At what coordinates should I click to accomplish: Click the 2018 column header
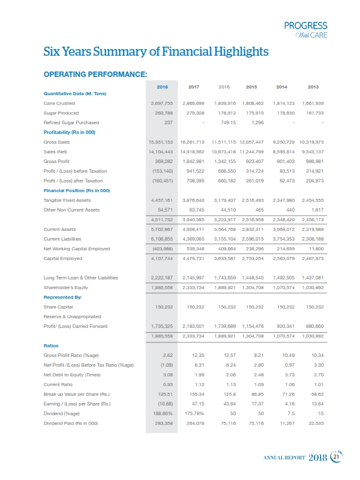point(162,87)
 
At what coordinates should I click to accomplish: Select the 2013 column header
point(313,87)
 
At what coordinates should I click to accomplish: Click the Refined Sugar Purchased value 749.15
point(224,122)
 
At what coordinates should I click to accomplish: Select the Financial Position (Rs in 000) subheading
point(76,190)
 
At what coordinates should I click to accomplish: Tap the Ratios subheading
point(52,345)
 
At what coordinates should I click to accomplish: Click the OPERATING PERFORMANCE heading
point(95,74)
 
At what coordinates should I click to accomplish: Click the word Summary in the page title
point(113,53)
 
